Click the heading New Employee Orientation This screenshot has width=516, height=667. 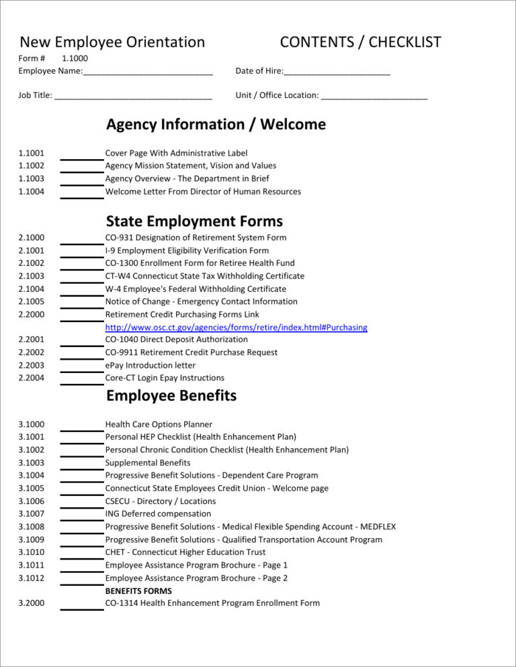[112, 42]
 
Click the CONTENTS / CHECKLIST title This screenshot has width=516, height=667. [360, 42]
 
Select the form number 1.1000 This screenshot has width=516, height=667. [75, 58]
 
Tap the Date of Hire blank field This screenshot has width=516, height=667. [337, 72]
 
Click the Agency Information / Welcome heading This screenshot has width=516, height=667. [216, 124]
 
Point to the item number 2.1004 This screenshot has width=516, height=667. [32, 289]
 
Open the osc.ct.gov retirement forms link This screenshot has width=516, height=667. [236, 327]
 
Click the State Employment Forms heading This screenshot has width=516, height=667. [194, 221]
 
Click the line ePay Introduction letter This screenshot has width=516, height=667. [150, 365]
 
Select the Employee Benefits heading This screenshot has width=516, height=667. [171, 396]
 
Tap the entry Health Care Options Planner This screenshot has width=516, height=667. [159, 424]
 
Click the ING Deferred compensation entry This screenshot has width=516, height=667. [158, 514]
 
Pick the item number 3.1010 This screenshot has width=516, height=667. [32, 552]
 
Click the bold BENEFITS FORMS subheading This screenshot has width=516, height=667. [138, 591]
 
